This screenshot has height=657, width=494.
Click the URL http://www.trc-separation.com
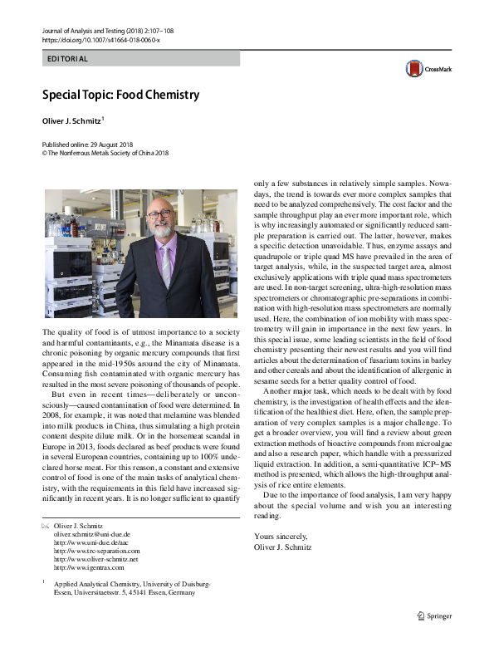tap(96, 551)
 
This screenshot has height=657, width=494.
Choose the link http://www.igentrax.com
tap(88, 567)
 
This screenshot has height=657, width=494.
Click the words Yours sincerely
tap(281, 536)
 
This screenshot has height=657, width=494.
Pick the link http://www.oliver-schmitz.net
tap(95, 559)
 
